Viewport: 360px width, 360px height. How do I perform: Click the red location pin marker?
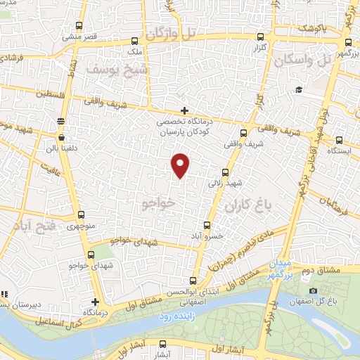181,164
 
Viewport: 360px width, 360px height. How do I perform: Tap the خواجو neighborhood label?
157,202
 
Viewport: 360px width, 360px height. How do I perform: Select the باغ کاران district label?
249,206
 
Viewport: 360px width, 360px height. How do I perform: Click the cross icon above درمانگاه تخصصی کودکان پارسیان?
184,110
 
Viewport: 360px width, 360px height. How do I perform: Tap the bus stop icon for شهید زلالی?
226,172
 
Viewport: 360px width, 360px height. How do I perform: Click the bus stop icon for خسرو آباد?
207,225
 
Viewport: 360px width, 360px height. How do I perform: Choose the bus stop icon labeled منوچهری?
81,215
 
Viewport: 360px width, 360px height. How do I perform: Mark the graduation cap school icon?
299,89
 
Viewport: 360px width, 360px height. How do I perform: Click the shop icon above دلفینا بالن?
63,137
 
